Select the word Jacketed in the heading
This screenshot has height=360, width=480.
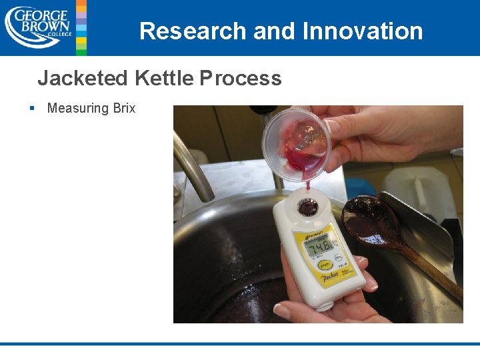click(82, 79)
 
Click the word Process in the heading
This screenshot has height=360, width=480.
click(240, 79)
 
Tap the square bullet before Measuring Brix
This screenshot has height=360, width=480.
click(31, 108)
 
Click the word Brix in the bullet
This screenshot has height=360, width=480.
click(124, 108)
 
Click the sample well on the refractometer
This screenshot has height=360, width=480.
click(307, 207)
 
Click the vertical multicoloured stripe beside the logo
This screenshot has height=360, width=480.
click(81, 27)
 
